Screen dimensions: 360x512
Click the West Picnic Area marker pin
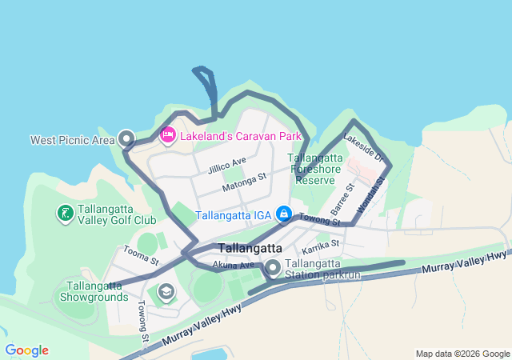tap(126, 138)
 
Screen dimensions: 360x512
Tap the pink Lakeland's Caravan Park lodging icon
tap(168, 136)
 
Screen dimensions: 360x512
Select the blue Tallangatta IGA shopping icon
tap(283, 214)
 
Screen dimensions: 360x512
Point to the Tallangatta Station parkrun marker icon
tap(273, 267)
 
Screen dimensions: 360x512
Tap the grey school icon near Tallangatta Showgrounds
tap(166, 290)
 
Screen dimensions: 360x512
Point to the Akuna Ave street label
tap(234, 265)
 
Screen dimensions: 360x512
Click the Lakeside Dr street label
tap(364, 149)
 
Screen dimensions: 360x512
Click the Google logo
tap(26, 350)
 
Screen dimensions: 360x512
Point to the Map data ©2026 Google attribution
tap(462, 354)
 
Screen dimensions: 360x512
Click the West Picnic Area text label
tap(73, 140)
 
